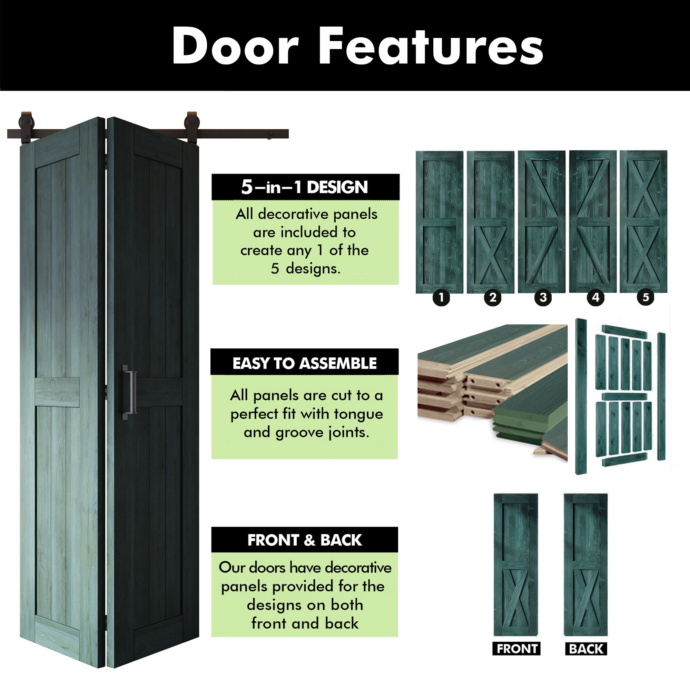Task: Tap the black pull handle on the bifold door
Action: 129,392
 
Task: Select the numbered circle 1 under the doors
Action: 441,297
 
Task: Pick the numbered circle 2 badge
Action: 493,297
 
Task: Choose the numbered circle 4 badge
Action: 595,297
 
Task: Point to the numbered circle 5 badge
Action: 646,297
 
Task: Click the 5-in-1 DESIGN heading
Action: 305,187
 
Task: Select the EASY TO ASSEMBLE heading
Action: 305,363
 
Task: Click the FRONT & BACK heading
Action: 305,540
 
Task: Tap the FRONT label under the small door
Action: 517,649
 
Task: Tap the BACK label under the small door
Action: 586,649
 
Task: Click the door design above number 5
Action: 643,221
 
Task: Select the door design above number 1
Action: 440,222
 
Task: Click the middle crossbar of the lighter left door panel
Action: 57,392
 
